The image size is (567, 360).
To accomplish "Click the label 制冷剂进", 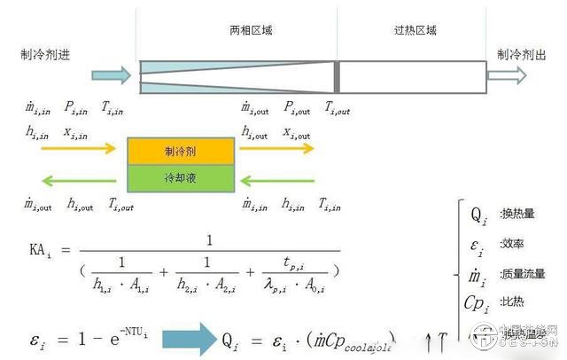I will [x=45, y=54].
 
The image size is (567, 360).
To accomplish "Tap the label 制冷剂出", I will [x=521, y=54].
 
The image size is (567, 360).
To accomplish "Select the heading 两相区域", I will [x=251, y=30].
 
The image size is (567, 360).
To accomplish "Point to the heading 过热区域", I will [x=415, y=30].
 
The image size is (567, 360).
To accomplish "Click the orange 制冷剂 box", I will [x=180, y=151].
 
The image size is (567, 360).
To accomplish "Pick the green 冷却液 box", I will [x=180, y=178].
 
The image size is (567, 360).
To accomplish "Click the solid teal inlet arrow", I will [x=111, y=73].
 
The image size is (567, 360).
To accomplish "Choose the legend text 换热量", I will [x=515, y=214].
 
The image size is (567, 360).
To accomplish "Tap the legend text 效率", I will [x=509, y=244].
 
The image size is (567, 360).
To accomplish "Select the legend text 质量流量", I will [x=522, y=274].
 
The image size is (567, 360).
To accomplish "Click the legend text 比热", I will [x=509, y=302].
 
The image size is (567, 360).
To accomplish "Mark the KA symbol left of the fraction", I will [x=40, y=250].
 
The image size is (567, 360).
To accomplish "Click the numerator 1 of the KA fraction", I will [x=209, y=239].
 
